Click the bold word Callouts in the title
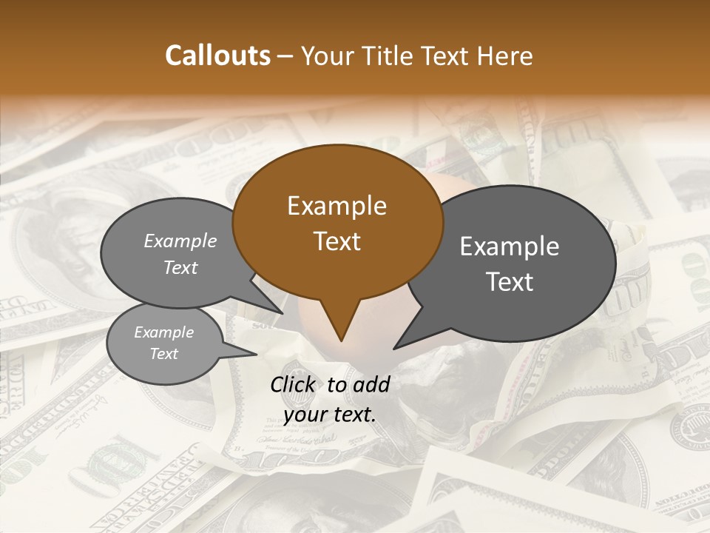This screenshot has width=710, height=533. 217,56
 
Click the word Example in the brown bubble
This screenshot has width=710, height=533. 337,206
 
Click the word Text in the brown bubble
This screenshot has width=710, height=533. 337,241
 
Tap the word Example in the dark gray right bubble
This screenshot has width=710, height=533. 510,247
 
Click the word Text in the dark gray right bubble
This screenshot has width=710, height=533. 510,282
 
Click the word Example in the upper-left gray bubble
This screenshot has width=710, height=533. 180,241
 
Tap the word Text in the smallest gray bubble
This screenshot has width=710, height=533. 164,354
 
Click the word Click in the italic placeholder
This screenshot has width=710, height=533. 294,384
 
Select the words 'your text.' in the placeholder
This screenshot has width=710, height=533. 329,415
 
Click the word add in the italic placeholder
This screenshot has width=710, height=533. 372,384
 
